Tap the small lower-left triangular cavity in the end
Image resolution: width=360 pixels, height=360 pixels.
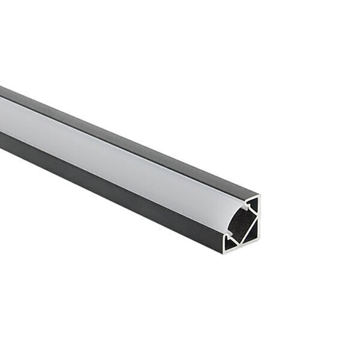coord(230,241)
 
